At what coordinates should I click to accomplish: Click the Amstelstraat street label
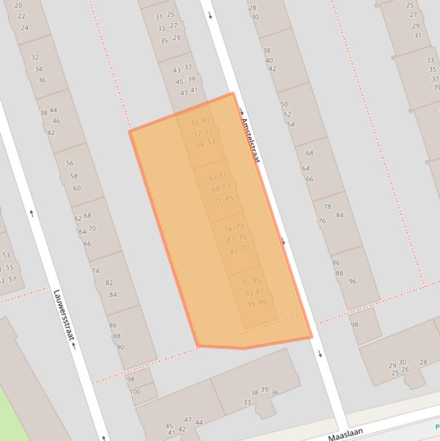[x=250, y=140]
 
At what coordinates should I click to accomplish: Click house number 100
[x=135, y=392]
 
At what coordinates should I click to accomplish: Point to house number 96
[x=352, y=281]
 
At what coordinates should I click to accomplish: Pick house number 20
[x=18, y=6]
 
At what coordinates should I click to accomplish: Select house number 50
[x=284, y=104]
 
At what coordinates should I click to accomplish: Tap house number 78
[x=327, y=207]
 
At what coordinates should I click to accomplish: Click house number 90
[x=120, y=347]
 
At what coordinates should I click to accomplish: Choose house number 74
[x=96, y=271]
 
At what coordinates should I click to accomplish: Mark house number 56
[x=70, y=163]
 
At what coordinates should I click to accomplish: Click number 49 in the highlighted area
[x=205, y=120]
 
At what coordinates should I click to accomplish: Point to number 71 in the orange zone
[x=217, y=200]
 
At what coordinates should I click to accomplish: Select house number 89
[x=263, y=302]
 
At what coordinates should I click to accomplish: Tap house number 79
[x=228, y=230]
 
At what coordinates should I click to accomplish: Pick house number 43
[x=177, y=70]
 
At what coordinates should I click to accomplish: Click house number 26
[x=405, y=369]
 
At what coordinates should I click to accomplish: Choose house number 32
[x=35, y=57]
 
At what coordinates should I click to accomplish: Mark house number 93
[x=249, y=294]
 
